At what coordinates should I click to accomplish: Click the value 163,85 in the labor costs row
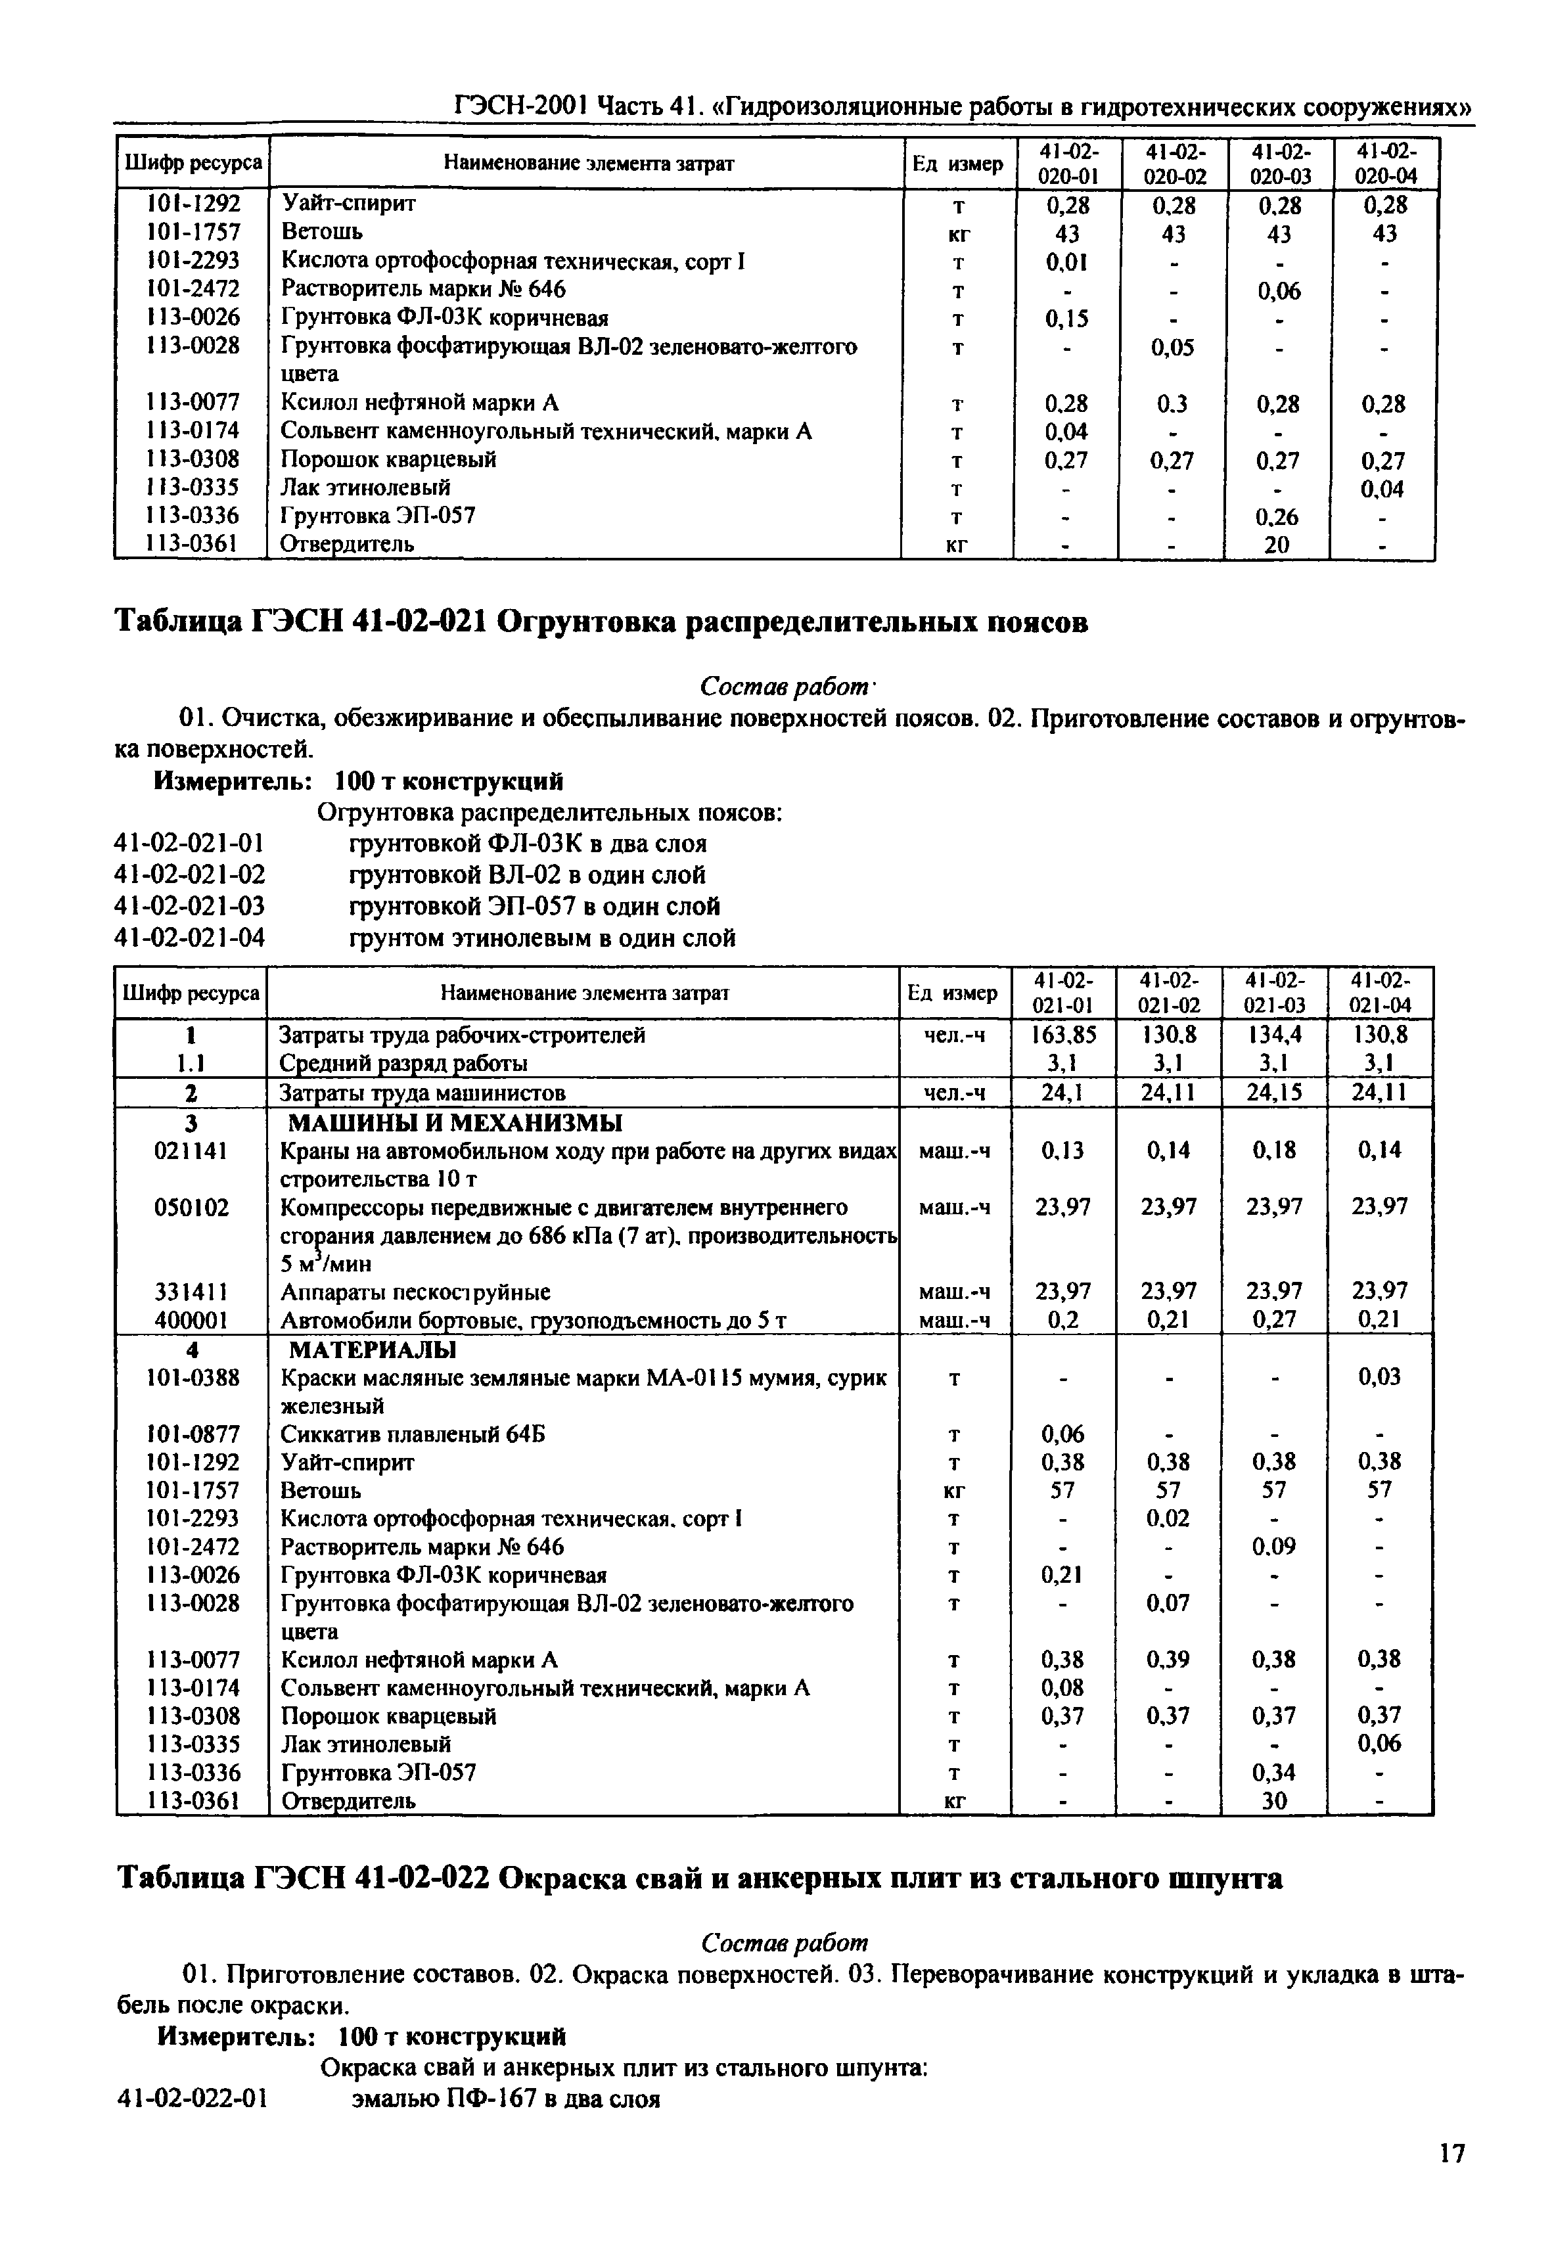coord(1063,1035)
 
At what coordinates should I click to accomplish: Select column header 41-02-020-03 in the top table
coord(1280,164)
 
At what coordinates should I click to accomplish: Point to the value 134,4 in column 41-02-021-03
coord(1275,1035)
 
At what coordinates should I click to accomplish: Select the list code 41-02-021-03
coord(190,906)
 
